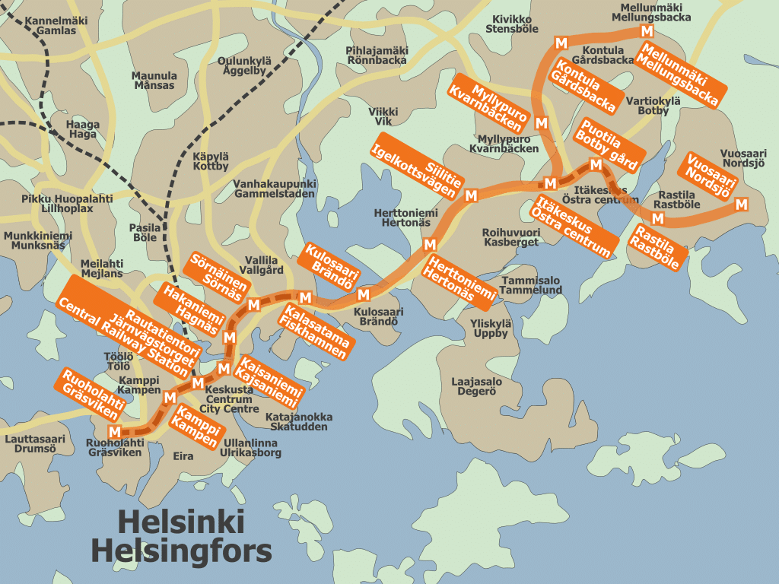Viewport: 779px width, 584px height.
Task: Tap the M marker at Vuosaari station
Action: coord(741,204)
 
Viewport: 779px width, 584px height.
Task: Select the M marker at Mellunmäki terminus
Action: coord(647,31)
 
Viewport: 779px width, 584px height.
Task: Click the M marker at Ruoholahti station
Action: coord(115,432)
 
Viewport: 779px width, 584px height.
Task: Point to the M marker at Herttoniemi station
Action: coord(430,244)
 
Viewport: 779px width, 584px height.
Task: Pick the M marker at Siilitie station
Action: coord(471,195)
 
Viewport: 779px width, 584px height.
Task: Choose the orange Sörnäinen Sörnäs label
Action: coord(221,278)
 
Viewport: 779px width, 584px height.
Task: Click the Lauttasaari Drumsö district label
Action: coord(35,443)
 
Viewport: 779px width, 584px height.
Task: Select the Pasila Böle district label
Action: coord(145,232)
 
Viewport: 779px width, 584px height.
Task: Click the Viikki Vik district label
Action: coord(383,116)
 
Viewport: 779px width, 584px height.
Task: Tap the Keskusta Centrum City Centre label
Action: coord(229,399)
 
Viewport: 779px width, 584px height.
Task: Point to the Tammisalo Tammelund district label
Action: coord(531,285)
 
